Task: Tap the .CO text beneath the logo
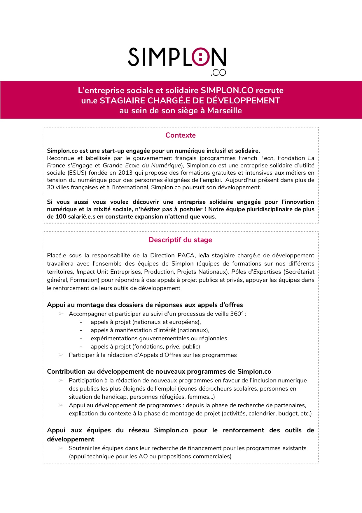(x=218, y=73)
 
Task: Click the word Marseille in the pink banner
(x=225, y=111)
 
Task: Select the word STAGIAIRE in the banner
(x=123, y=100)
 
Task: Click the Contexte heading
(x=181, y=135)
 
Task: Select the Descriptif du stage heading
(x=180, y=240)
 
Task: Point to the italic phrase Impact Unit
(x=92, y=272)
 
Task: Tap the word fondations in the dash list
(x=148, y=346)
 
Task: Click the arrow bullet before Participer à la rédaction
(x=61, y=355)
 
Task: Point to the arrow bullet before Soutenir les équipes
(x=61, y=448)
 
